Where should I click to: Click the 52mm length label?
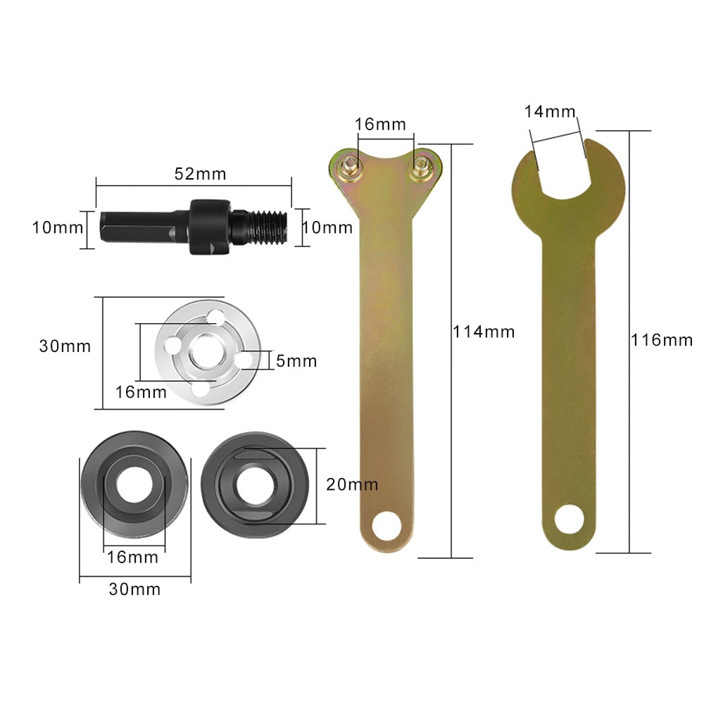[x=196, y=174]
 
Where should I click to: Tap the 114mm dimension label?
[x=484, y=331]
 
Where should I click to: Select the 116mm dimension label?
[x=662, y=340]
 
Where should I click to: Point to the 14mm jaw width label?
[x=550, y=112]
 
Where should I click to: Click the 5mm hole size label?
[x=296, y=362]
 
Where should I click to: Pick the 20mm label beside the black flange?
[x=352, y=484]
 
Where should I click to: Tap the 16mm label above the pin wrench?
[x=380, y=125]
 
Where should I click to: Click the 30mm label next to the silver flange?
[x=65, y=346]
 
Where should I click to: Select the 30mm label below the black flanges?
[x=134, y=589]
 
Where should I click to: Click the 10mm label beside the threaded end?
[x=327, y=227]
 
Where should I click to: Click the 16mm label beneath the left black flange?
[x=132, y=557]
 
